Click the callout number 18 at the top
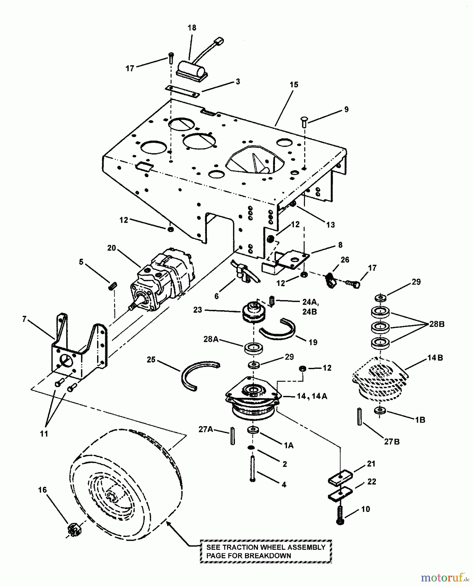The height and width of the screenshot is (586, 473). tap(192, 28)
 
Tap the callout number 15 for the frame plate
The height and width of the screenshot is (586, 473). tap(294, 85)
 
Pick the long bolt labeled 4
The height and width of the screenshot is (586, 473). tap(252, 469)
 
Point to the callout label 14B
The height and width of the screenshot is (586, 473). tap(435, 358)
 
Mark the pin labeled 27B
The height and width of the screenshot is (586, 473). tap(359, 416)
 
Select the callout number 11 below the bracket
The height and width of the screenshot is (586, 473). tap(44, 434)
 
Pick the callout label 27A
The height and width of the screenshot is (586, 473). tap(206, 429)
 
